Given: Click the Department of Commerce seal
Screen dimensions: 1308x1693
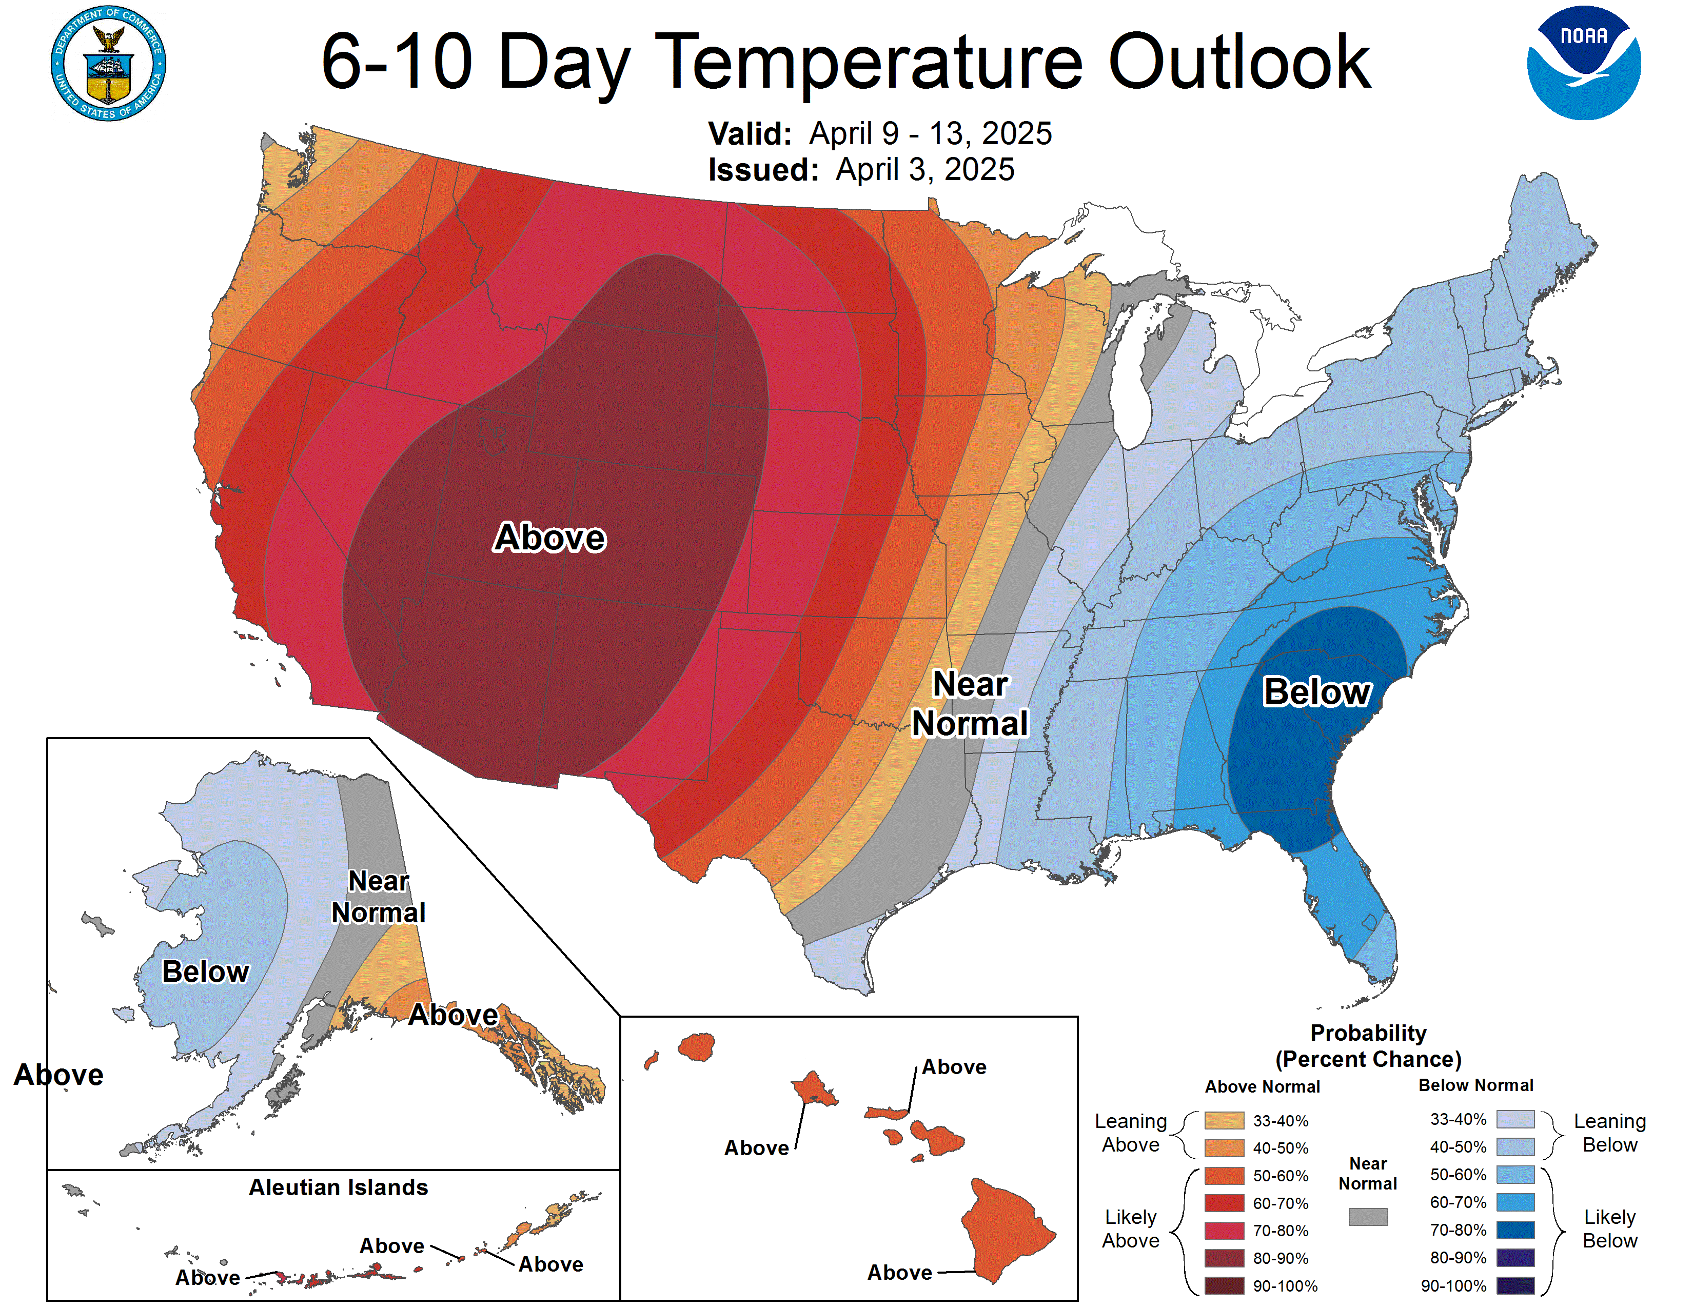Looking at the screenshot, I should tap(109, 64).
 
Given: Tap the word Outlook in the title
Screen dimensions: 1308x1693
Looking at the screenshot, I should tap(1239, 62).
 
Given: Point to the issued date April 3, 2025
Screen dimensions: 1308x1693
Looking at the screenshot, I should tap(925, 170).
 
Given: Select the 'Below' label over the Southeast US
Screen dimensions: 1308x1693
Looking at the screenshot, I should tap(1317, 691).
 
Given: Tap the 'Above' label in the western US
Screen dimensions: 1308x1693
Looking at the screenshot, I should tap(549, 537).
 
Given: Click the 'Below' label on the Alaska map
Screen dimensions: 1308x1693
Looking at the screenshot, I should tap(205, 971).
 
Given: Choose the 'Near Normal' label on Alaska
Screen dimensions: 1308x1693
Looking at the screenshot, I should tap(378, 897).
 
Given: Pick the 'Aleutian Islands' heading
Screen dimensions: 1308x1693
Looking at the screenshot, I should tap(338, 1187).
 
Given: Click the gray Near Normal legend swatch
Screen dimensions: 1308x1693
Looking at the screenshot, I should tap(1367, 1217).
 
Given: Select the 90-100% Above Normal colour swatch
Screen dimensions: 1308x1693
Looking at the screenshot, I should tap(1224, 1285).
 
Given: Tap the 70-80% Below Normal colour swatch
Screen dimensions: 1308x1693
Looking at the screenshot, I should tap(1514, 1230).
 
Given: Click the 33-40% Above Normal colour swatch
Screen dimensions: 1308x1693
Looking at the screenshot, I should tap(1224, 1120).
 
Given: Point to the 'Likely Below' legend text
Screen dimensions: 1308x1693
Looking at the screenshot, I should tap(1609, 1229).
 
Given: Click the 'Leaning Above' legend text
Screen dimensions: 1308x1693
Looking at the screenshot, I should tap(1130, 1133).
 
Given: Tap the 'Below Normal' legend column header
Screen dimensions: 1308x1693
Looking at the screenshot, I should tap(1475, 1085).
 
